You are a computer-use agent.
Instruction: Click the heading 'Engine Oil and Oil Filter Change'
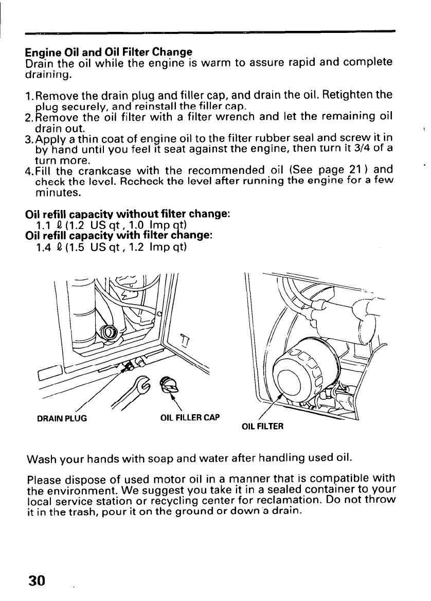[109, 52]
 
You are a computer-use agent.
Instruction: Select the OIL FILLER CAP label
[190, 417]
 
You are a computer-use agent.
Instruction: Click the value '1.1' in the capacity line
[43, 224]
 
